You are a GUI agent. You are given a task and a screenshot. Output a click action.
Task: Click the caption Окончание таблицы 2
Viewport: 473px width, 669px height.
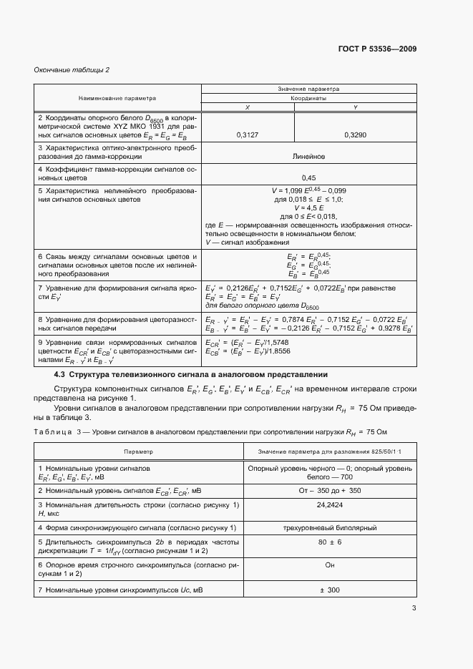pos(72,70)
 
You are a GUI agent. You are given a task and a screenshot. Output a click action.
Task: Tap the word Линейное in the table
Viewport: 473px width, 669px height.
pos(309,155)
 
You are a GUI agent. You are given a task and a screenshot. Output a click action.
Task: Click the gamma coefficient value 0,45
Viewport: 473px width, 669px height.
pos(309,177)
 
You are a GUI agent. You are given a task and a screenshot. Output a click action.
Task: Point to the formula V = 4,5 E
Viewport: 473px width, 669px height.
pos(309,207)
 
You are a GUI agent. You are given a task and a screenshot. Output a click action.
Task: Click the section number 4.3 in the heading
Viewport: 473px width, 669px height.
pos(59,374)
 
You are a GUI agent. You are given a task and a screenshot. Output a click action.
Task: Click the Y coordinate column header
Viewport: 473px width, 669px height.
pos(355,107)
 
